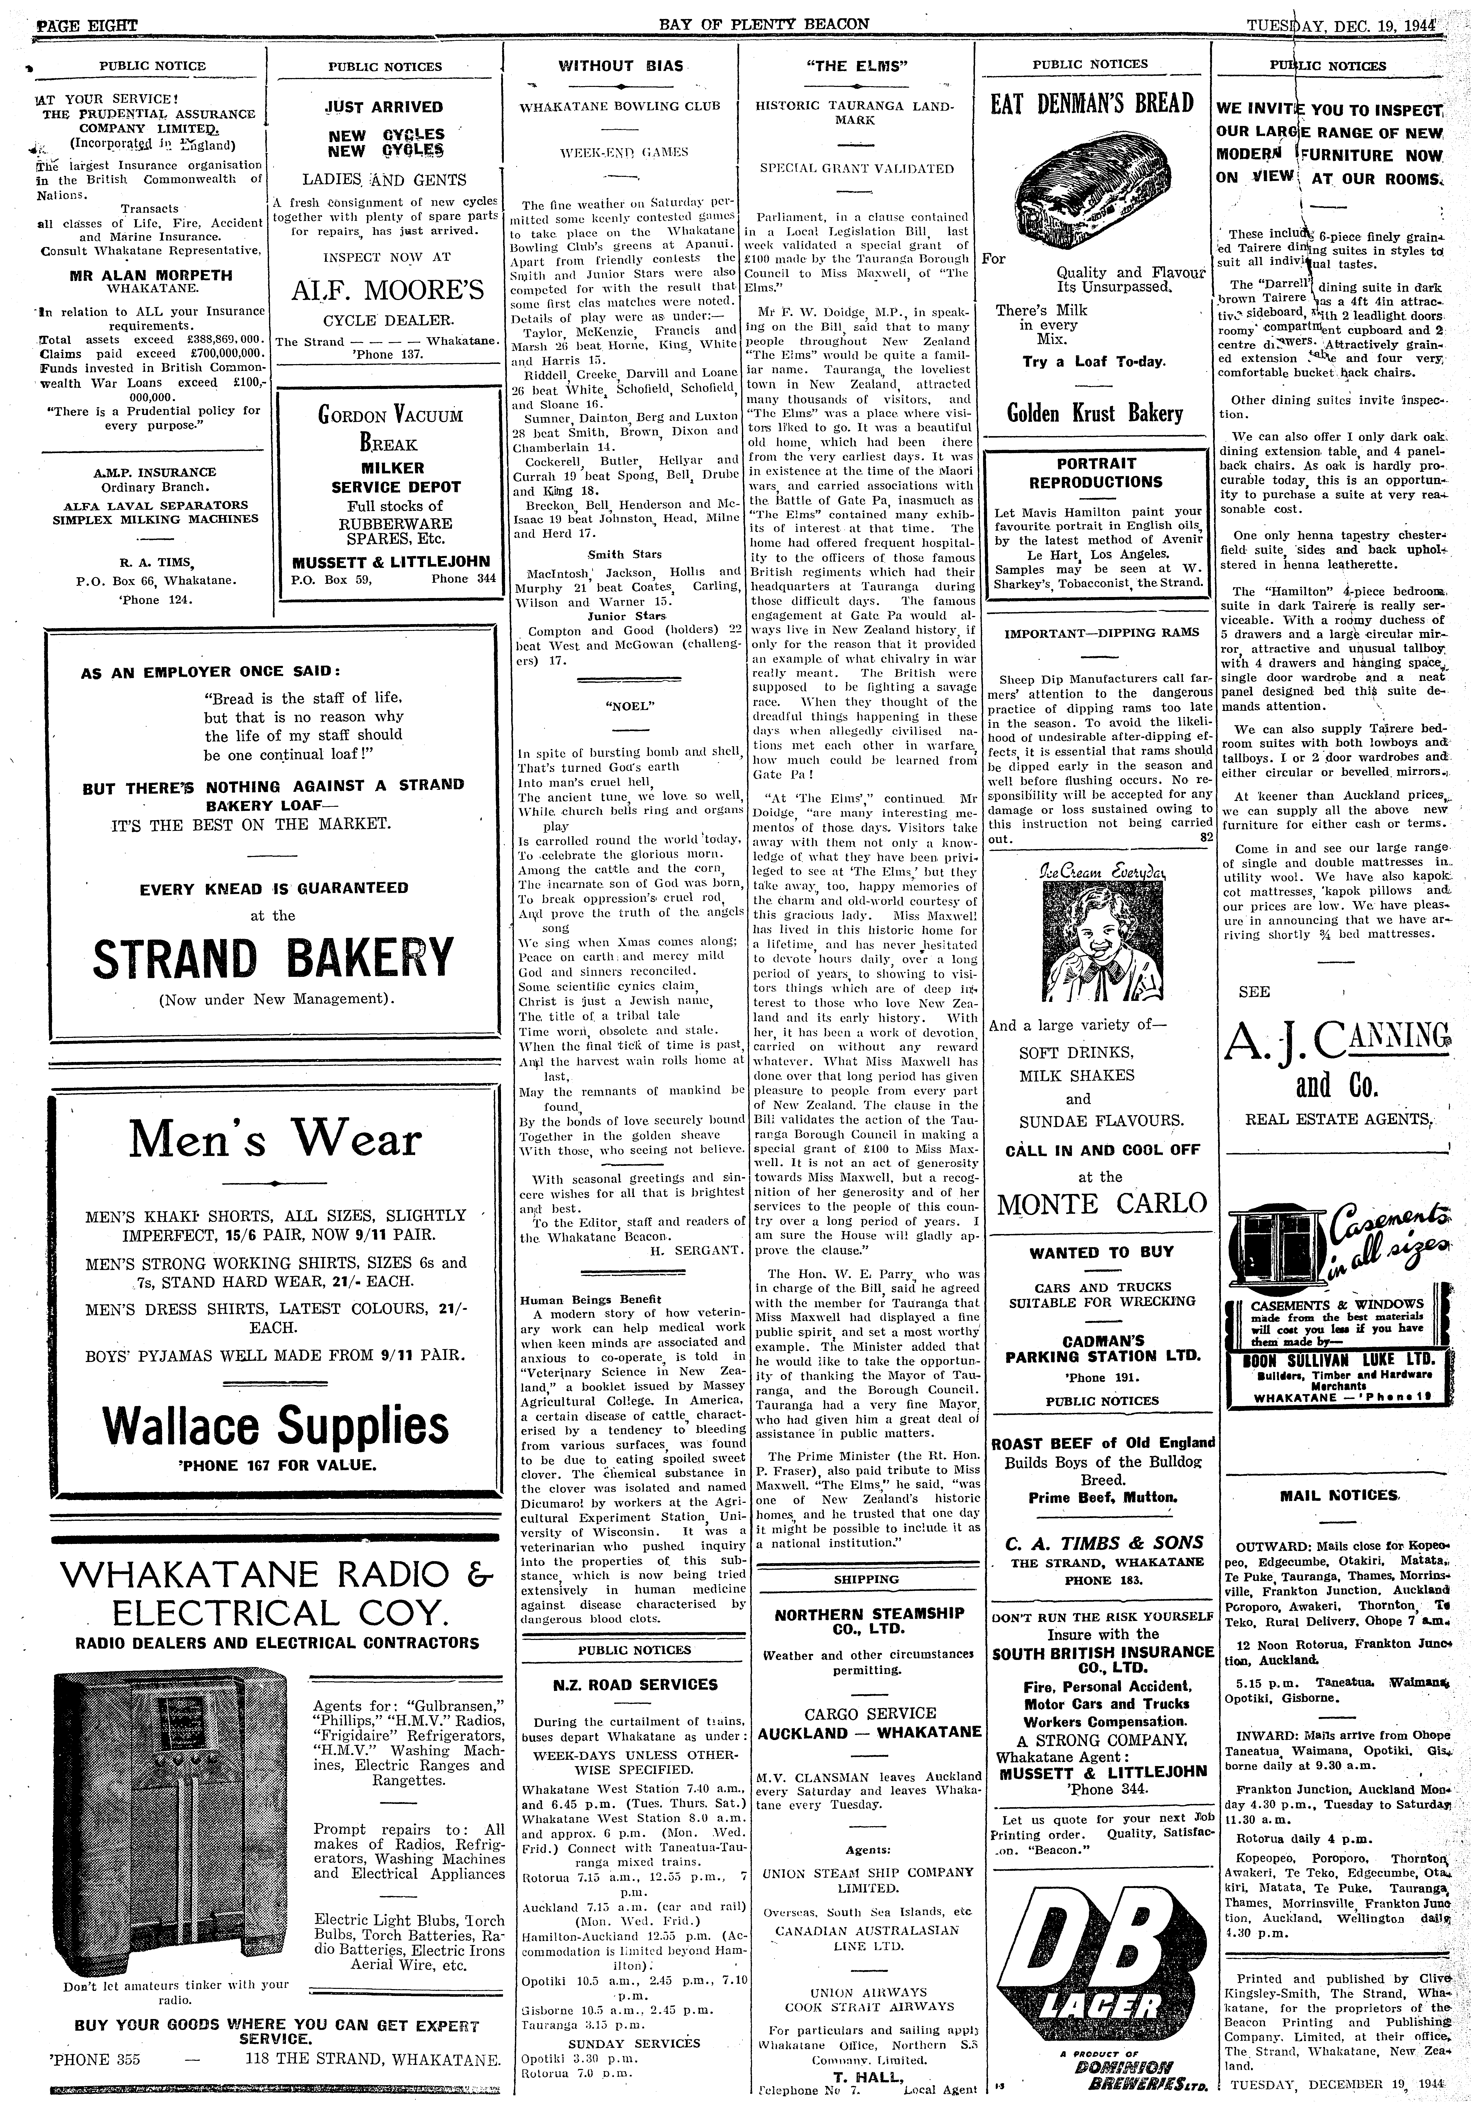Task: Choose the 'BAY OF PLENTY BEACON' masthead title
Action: [765, 23]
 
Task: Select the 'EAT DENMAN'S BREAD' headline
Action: [1092, 102]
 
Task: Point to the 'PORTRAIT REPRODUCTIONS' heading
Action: [1096, 473]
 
